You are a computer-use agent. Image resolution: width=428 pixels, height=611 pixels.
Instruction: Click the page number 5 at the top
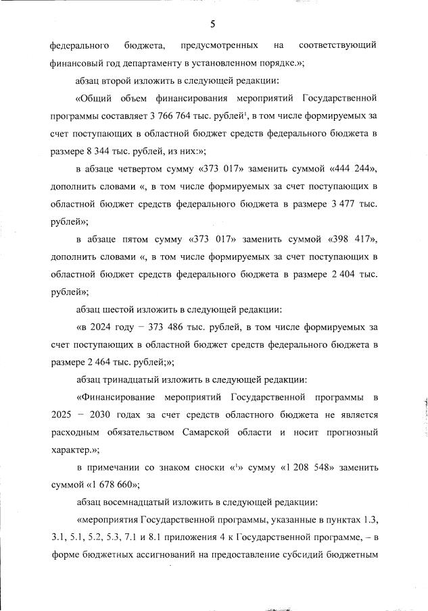click(x=213, y=25)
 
